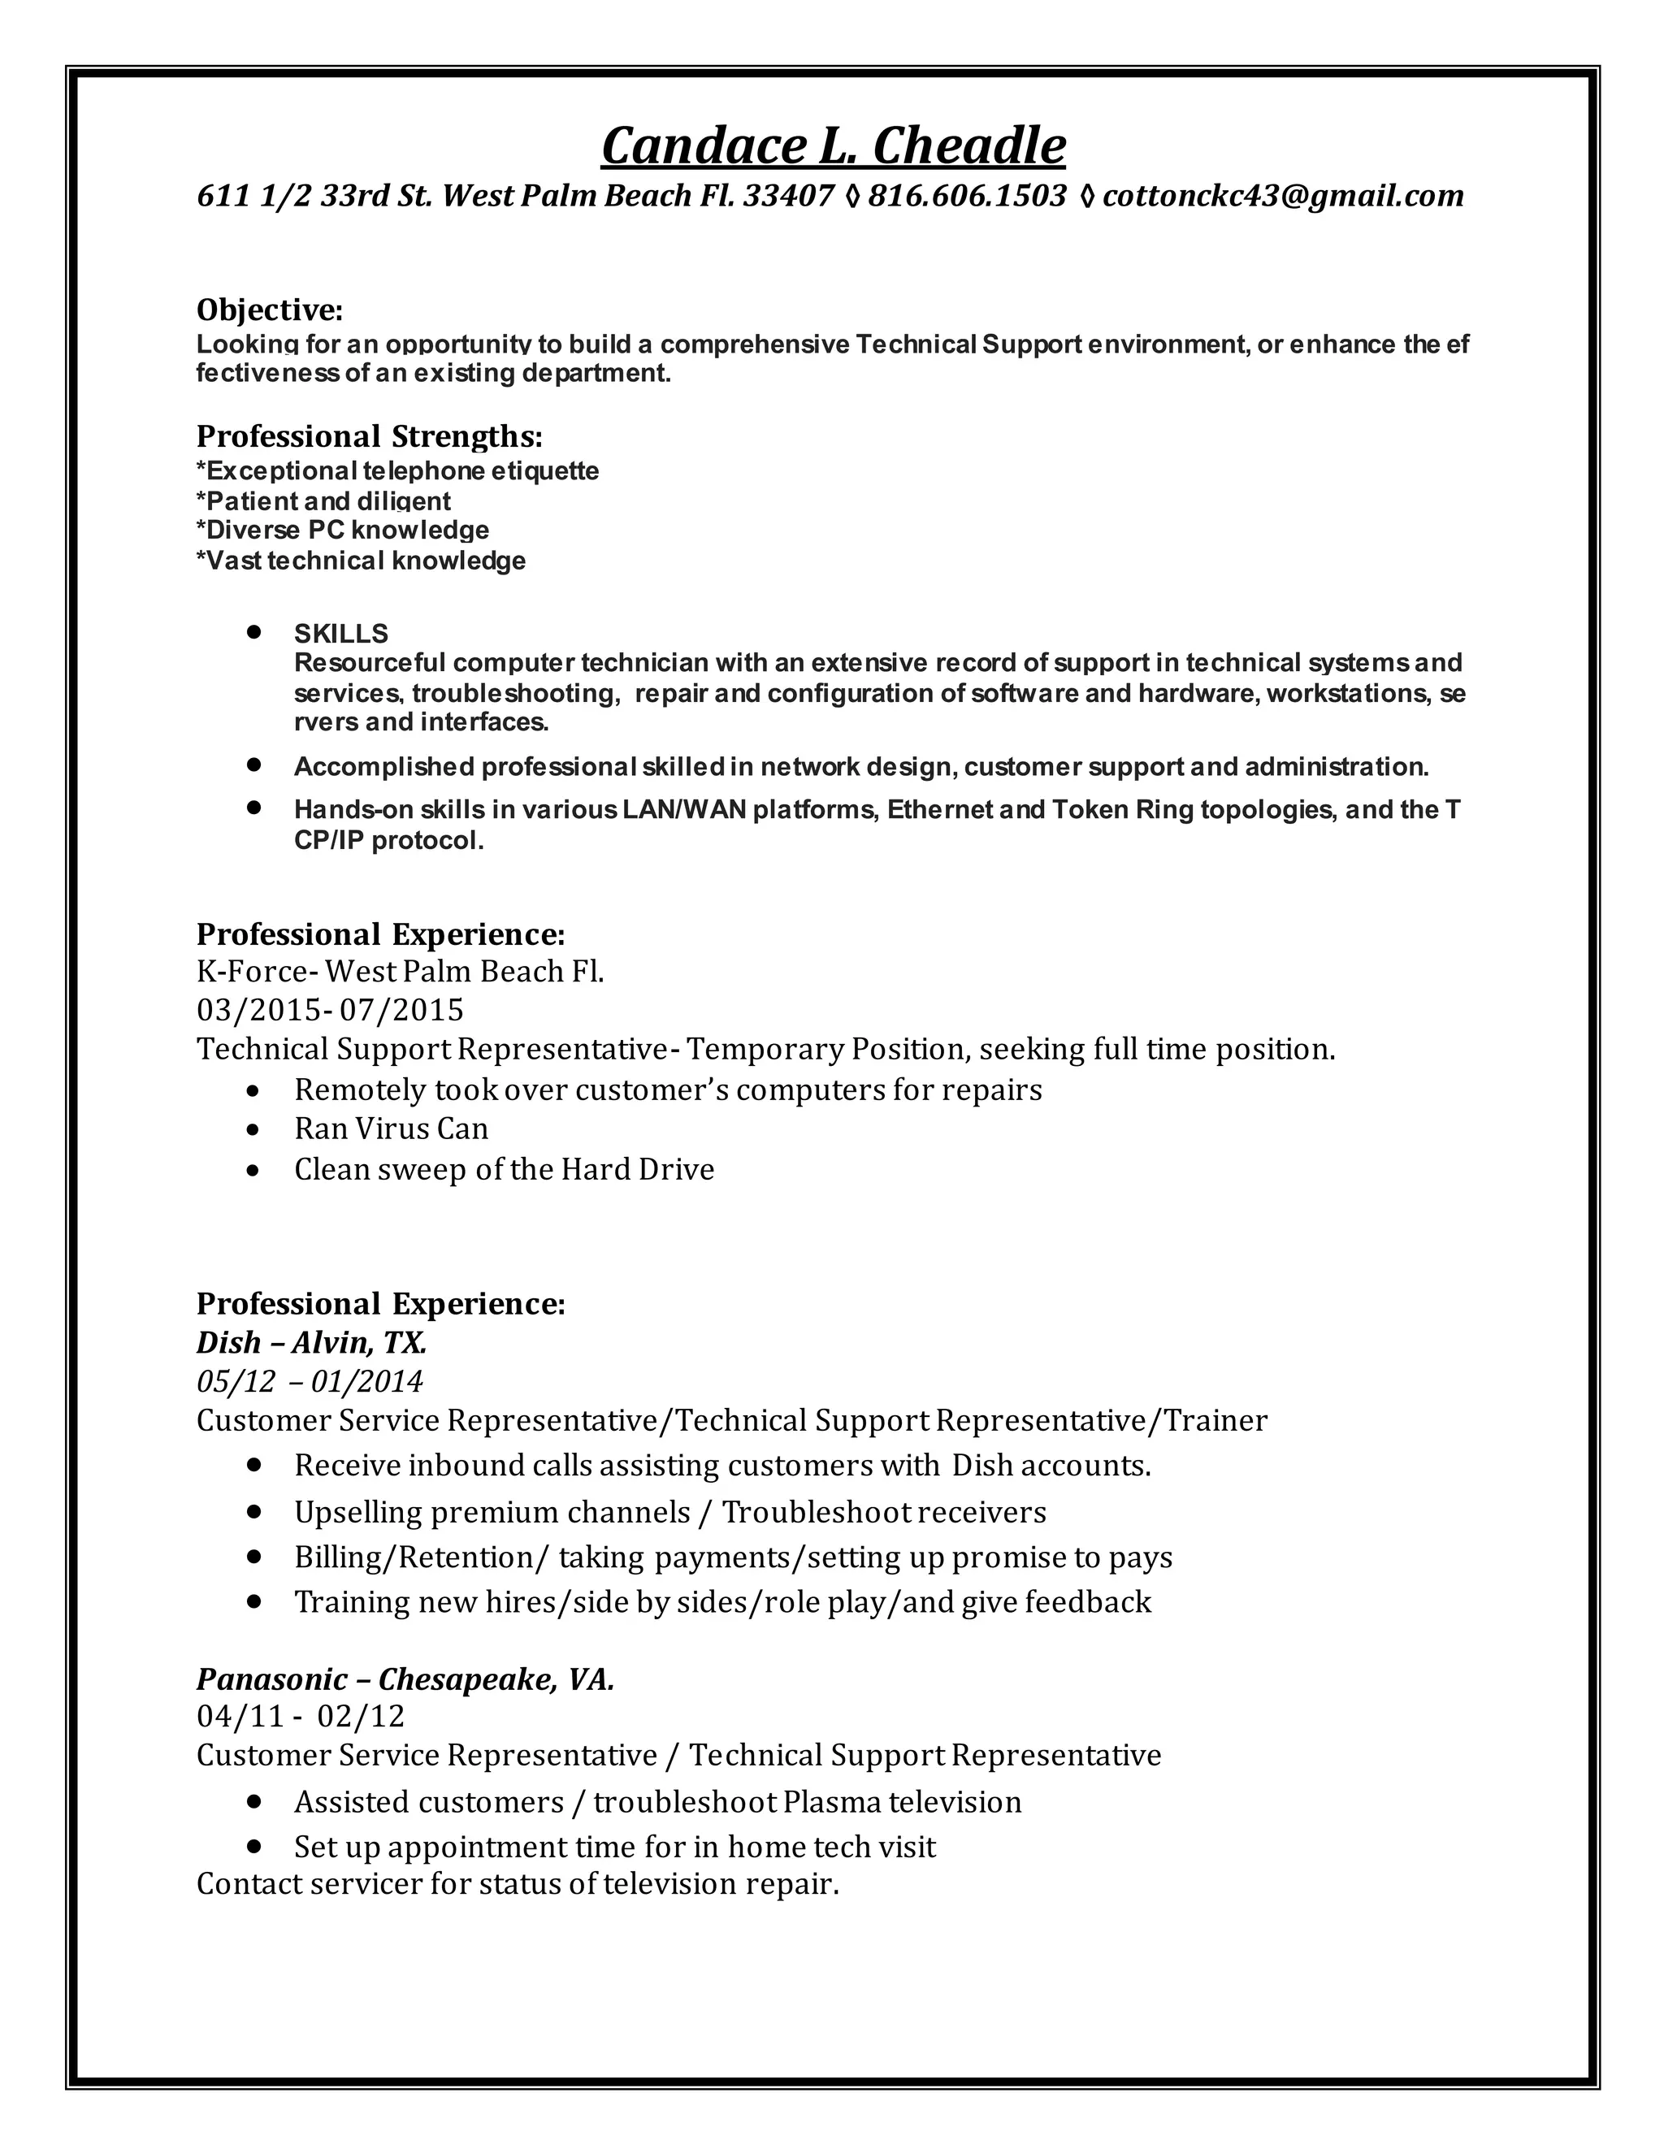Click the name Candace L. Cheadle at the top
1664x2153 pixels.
coord(833,146)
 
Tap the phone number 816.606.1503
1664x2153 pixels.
coord(966,196)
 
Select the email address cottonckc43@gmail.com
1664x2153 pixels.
coord(1282,196)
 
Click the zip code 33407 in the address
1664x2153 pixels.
coord(789,196)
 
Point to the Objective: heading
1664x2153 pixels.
coord(269,310)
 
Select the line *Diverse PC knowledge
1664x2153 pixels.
coord(342,531)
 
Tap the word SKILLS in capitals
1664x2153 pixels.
coord(341,633)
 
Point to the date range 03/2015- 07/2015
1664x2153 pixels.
coord(329,1011)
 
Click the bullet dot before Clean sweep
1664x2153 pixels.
coord(254,1171)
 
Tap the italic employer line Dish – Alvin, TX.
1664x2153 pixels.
coord(311,1343)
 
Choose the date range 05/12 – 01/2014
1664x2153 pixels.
coord(310,1382)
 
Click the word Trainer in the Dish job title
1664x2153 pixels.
coord(1215,1420)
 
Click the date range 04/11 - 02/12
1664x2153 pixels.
coord(301,1718)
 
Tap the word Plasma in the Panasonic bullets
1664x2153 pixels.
coord(833,1802)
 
